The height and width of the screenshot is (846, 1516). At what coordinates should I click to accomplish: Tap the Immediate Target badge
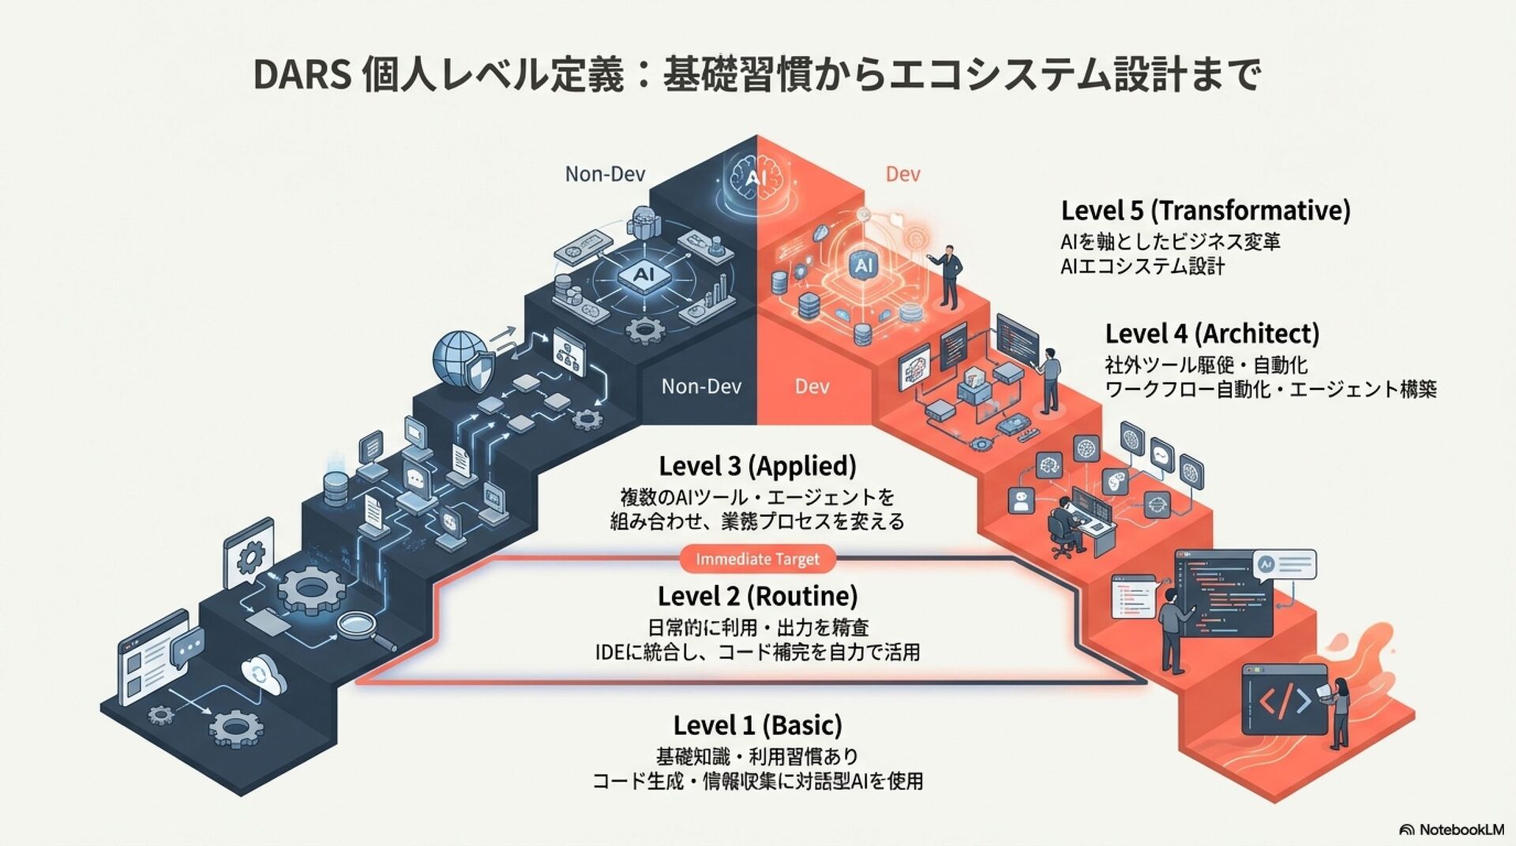[757, 560]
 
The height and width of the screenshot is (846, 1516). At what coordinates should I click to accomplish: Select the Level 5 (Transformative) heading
[1205, 211]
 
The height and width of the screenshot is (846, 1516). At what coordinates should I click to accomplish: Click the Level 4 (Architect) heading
[1211, 334]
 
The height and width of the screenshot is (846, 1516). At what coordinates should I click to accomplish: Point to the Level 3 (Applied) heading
[757, 466]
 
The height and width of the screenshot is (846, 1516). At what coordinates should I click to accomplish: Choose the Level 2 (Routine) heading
[757, 596]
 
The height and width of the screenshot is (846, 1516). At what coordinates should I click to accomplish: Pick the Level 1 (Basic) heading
[757, 725]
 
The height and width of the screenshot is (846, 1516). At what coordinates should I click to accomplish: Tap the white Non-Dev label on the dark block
[701, 386]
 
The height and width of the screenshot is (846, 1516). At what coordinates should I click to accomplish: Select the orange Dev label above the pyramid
[902, 174]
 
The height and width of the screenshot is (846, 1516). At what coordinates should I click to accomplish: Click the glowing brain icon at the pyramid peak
[756, 178]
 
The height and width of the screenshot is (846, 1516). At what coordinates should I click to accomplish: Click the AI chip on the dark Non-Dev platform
[644, 275]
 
